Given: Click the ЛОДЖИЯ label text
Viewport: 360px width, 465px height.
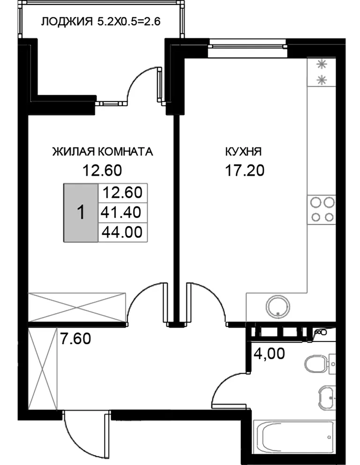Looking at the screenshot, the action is [x=67, y=22].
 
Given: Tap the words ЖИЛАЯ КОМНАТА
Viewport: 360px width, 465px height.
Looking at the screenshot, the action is [x=103, y=152].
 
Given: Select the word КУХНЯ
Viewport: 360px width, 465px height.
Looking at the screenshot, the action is [x=243, y=152].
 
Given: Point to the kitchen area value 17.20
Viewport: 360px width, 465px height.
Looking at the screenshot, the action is [x=245, y=170].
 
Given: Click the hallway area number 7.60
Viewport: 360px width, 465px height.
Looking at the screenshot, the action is [x=75, y=339].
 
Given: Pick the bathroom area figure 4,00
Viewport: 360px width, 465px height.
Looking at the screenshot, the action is [x=270, y=354].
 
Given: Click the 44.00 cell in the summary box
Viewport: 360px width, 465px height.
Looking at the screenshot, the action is [x=122, y=232].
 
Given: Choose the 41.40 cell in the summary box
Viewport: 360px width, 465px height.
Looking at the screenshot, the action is [x=121, y=212].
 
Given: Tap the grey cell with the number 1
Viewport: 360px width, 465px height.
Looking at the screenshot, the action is [x=81, y=213].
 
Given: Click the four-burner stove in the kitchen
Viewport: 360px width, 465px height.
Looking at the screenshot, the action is [x=322, y=210].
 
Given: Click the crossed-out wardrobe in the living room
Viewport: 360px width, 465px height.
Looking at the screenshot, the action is [x=77, y=307].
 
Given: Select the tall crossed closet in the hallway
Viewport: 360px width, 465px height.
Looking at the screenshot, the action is [x=43, y=369].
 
